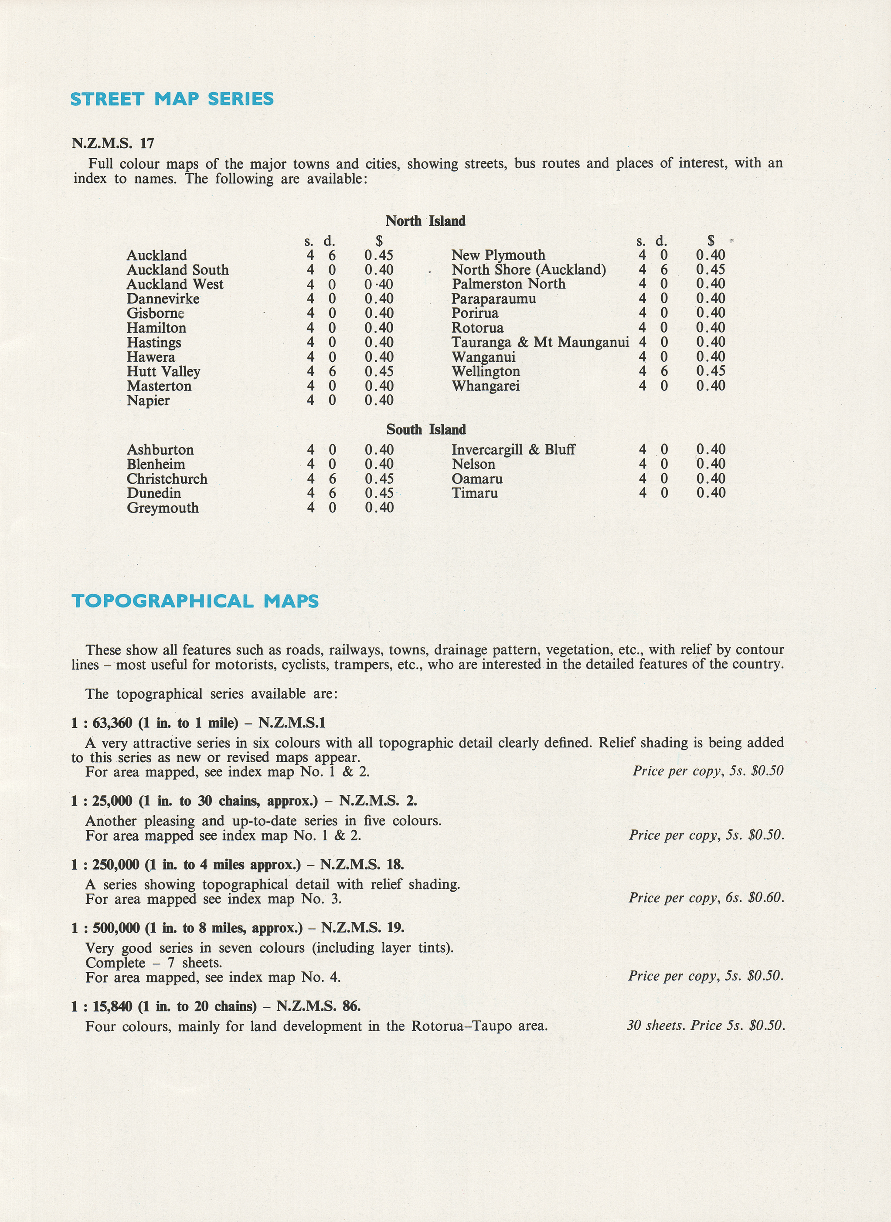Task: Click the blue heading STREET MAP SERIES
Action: tap(172, 99)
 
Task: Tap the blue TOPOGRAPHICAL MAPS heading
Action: tap(195, 601)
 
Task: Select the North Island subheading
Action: tap(425, 221)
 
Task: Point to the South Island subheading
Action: tap(425, 430)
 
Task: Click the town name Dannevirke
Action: tap(163, 299)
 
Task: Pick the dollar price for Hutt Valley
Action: tap(379, 372)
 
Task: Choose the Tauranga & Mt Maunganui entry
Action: tap(540, 343)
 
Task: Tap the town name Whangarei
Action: tap(486, 386)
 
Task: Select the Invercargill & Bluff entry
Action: tap(513, 450)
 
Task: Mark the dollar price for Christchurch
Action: tap(379, 479)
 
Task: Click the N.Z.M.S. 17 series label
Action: tap(113, 143)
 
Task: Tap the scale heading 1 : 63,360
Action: tap(102, 723)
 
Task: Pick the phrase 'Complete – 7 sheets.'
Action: tap(154, 963)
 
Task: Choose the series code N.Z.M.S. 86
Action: tap(318, 1006)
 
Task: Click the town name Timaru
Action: tap(475, 493)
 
